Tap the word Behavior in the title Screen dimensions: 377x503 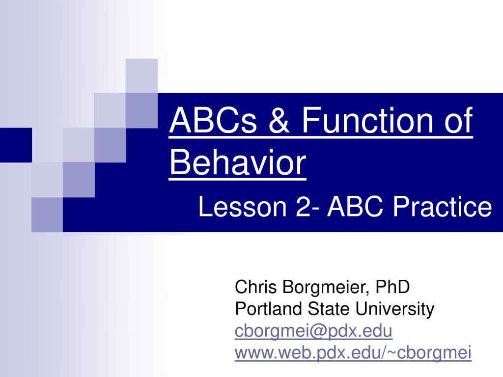[x=238, y=163]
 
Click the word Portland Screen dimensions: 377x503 [x=269, y=309]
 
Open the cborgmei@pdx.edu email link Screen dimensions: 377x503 [x=313, y=331]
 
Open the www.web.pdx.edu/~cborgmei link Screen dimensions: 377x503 [x=353, y=352]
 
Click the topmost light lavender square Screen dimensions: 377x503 [x=141, y=75]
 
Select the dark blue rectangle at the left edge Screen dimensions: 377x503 [x=16, y=144]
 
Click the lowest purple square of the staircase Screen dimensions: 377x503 [x=47, y=214]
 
